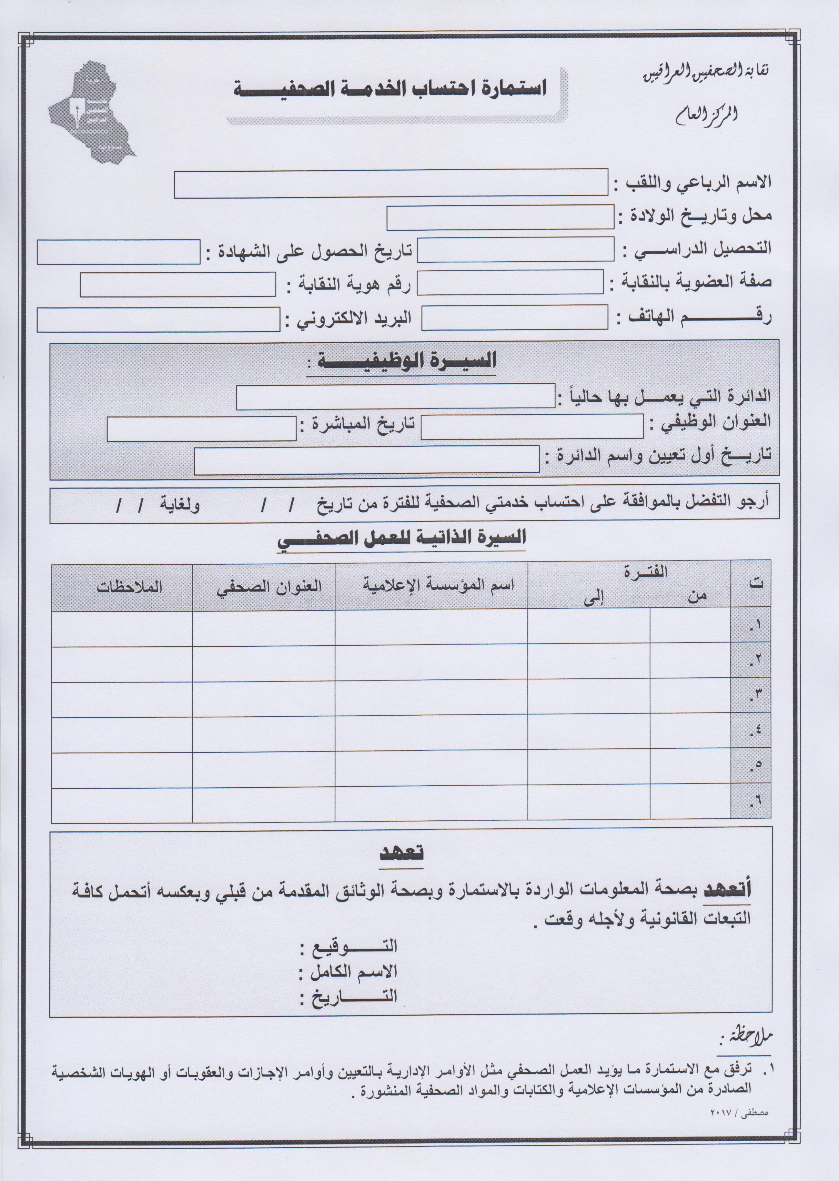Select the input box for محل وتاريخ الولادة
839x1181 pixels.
tap(500, 218)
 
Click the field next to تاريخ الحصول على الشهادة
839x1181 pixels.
tap(118, 252)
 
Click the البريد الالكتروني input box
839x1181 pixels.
tap(158, 319)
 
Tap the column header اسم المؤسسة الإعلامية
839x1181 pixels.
tap(437, 585)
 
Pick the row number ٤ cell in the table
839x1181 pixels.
tap(751, 730)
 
